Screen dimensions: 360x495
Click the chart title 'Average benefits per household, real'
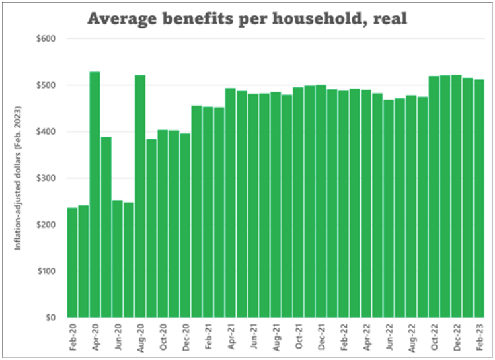coord(247,18)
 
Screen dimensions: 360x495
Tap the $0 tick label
coord(50,318)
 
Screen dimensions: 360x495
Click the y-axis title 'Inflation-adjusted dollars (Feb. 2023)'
coord(19,178)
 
